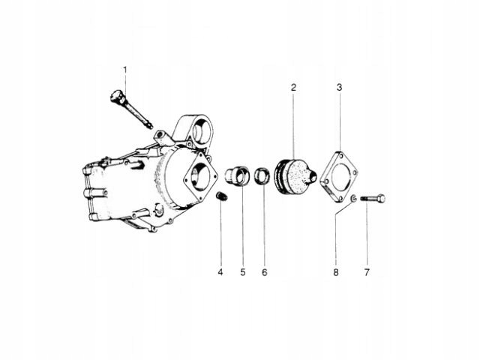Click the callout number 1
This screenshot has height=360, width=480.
[x=125, y=70]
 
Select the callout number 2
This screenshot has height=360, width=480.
[x=293, y=88]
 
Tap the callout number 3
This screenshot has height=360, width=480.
[x=340, y=88]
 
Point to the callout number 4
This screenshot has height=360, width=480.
[x=220, y=272]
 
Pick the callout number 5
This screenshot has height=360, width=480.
[x=243, y=272]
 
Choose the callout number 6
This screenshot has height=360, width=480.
[x=265, y=272]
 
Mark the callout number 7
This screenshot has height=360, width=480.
[x=367, y=272]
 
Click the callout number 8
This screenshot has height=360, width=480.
[x=336, y=272]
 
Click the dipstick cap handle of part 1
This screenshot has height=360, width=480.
[x=117, y=96]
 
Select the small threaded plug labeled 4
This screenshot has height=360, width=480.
[x=222, y=196]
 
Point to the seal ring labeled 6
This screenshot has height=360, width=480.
[x=262, y=176]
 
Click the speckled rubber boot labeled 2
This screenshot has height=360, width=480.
[x=295, y=176]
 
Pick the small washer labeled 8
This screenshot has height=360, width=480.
[x=353, y=198]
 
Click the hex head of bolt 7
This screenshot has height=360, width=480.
[x=381, y=199]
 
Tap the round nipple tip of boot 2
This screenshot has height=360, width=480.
[x=313, y=177]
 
